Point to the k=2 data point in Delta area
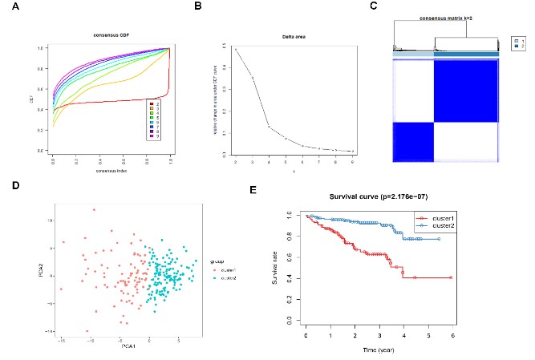pos(235,50)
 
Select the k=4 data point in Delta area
pos(269,127)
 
